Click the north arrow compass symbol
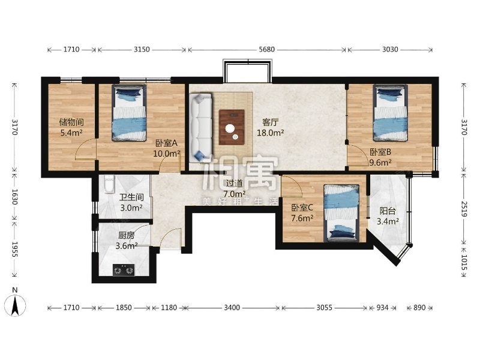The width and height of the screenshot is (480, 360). click(x=14, y=305)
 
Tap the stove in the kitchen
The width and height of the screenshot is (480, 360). click(x=124, y=270)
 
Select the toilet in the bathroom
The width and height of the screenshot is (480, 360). click(x=109, y=184)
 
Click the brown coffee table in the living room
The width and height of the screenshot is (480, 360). click(x=232, y=127)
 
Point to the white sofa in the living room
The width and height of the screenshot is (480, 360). click(x=200, y=128)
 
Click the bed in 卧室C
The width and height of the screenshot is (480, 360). click(x=341, y=213)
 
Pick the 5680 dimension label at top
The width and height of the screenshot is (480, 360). click(x=266, y=50)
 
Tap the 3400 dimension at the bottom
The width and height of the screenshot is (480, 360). click(x=232, y=307)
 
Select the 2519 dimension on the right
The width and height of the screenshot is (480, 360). click(x=464, y=209)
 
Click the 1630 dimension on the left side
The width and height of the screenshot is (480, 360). click(x=15, y=197)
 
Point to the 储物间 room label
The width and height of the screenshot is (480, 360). click(x=71, y=122)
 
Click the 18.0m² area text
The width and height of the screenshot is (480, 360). click(x=271, y=133)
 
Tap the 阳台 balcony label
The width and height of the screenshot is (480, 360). click(x=388, y=211)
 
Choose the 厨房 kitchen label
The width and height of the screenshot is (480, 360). click(x=126, y=235)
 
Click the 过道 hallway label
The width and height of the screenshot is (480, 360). click(x=234, y=184)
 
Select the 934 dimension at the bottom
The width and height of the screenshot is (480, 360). click(x=382, y=307)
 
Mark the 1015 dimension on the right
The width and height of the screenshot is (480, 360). click(x=464, y=263)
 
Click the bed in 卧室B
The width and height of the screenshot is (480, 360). click(x=391, y=113)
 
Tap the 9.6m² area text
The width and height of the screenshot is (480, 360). click(x=380, y=163)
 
